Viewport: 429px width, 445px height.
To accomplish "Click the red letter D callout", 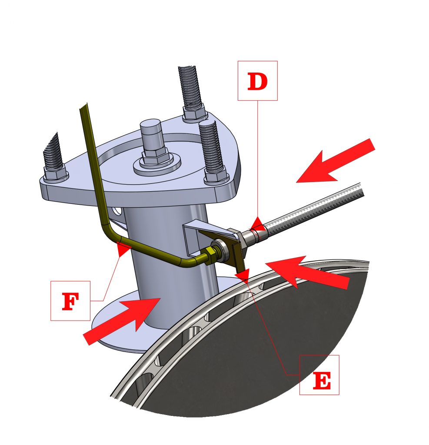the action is tap(257, 81).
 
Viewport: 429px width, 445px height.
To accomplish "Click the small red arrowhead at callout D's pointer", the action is tap(257, 223).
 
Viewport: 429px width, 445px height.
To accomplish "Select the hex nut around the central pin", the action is tap(153, 156).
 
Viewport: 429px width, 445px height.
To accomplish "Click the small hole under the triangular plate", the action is tap(117, 211).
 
